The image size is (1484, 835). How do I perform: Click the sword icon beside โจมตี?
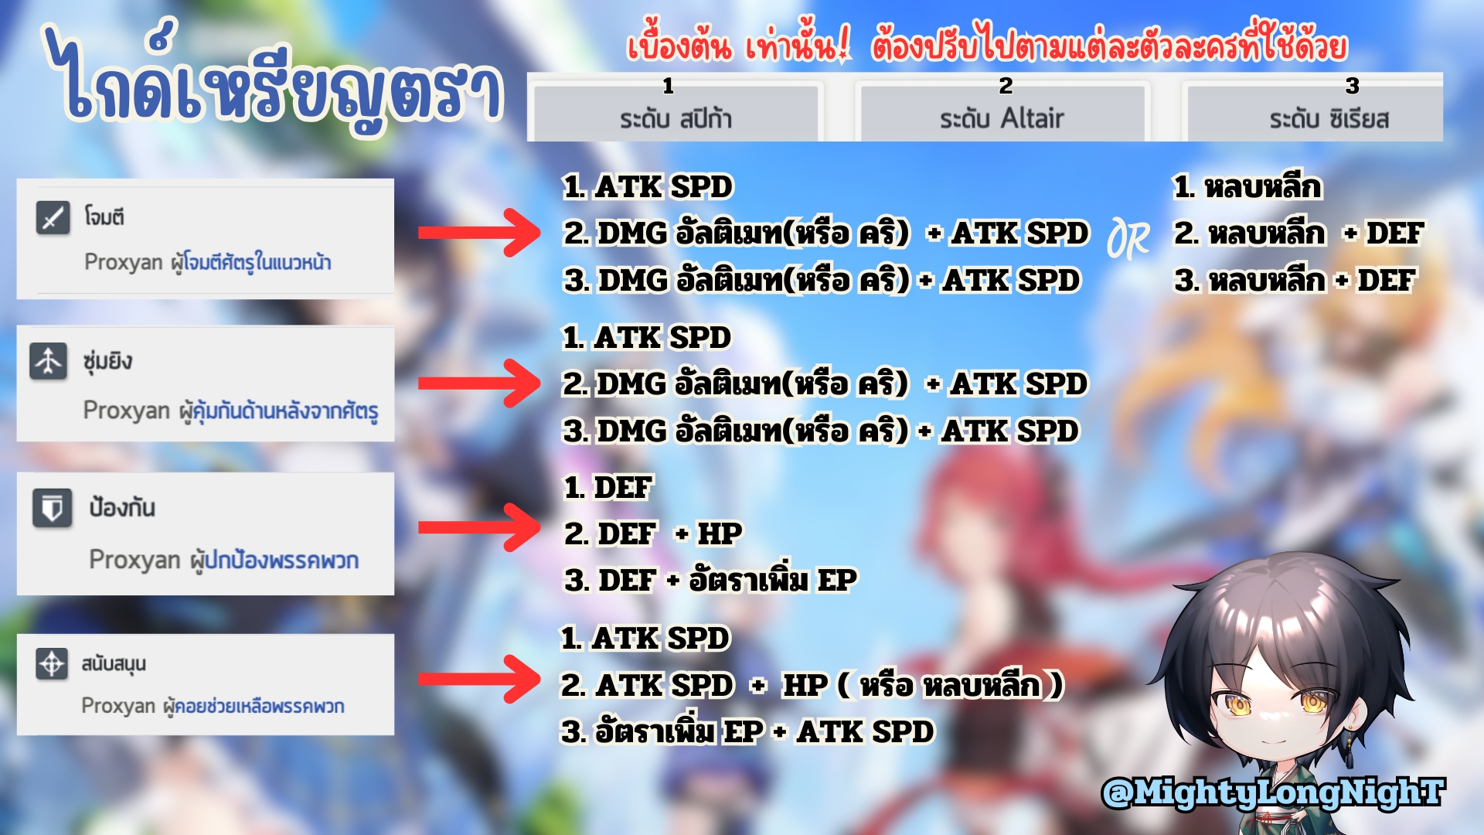53,217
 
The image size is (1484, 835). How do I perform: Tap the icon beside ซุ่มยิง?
48,361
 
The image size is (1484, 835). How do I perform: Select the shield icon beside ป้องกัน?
52,508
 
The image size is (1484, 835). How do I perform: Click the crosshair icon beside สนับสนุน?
52,663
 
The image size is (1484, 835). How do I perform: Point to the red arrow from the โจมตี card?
478,232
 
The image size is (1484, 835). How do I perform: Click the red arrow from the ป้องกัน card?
478,527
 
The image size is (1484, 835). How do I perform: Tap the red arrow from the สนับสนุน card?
478,679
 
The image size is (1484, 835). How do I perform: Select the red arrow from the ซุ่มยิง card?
478,383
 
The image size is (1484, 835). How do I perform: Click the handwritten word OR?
1128,239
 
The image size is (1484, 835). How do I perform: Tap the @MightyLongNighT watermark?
1272,792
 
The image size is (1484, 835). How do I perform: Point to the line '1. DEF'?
608,487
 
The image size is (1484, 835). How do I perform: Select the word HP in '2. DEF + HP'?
719,533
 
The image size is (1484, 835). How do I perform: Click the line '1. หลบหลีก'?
1247,187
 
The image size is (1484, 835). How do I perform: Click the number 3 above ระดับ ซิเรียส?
1352,85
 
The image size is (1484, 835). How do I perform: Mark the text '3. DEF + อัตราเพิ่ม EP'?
710,579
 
